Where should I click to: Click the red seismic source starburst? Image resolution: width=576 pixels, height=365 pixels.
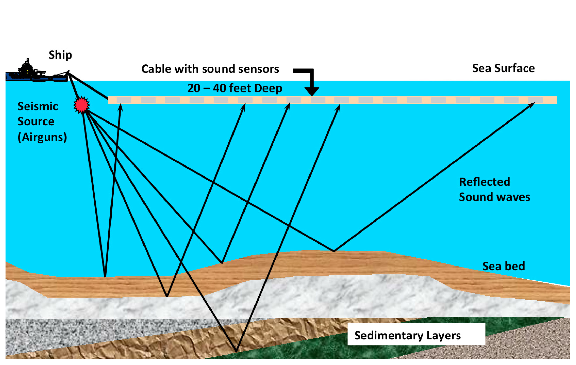point(82,105)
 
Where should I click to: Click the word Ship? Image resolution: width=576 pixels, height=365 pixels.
point(60,55)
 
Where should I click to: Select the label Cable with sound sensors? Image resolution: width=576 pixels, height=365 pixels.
point(210,69)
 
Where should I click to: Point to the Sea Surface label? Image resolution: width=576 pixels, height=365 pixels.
point(503,68)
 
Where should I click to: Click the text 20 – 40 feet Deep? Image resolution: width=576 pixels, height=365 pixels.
point(235,88)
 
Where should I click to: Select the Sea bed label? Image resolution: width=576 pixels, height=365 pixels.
point(503,266)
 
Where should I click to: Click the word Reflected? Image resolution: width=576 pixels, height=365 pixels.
point(484,182)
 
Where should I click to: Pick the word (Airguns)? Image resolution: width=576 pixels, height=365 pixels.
point(42,137)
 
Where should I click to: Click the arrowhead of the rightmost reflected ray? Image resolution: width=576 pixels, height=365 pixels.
point(532,104)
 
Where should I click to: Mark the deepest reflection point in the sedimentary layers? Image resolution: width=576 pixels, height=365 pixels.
point(236,351)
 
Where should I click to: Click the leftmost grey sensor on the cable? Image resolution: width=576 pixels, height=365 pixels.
point(124,100)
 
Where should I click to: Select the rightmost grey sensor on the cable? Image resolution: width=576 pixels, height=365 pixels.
point(535,100)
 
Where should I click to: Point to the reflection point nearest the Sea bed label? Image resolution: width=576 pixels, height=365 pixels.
point(334,251)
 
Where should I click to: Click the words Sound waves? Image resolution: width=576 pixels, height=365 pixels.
point(494,197)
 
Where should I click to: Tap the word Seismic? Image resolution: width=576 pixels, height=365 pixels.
point(38,107)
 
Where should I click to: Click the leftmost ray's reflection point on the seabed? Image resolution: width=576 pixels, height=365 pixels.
point(105,276)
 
